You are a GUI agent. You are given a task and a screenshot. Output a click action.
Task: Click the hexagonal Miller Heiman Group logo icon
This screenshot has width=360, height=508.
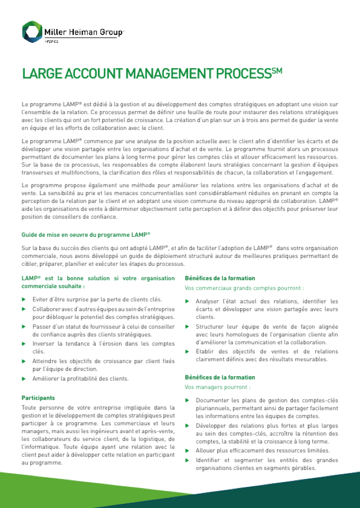(32, 32)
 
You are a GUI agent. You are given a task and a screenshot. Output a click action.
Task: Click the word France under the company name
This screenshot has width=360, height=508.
(51, 41)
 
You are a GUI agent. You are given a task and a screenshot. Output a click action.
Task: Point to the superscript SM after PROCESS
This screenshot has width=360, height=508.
(276, 70)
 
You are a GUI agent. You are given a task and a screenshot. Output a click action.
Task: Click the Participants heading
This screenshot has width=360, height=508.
(38, 398)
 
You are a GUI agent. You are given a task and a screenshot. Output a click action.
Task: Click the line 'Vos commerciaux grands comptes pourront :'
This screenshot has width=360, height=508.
(244, 288)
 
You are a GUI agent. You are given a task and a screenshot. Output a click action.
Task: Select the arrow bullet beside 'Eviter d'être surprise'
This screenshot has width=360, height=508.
(23, 299)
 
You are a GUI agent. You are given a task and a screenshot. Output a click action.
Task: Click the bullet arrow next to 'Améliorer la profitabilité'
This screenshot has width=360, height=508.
(23, 378)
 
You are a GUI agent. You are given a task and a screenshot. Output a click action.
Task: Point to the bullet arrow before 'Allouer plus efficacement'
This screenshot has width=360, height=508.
(187, 450)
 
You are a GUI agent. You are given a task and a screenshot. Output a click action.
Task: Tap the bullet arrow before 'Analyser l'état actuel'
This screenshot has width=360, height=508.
(187, 301)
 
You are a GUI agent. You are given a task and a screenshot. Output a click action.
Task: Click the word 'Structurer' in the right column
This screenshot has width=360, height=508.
(210, 327)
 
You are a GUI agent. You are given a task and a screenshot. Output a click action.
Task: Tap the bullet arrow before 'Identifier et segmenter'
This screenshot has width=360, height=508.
(187, 460)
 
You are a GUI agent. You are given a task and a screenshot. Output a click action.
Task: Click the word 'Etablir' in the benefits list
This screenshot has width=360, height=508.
(206, 352)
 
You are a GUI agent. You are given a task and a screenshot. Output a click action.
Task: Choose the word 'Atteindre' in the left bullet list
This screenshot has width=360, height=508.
(45, 361)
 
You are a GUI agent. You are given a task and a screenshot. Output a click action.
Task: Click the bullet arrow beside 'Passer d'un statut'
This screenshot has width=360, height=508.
(23, 326)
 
